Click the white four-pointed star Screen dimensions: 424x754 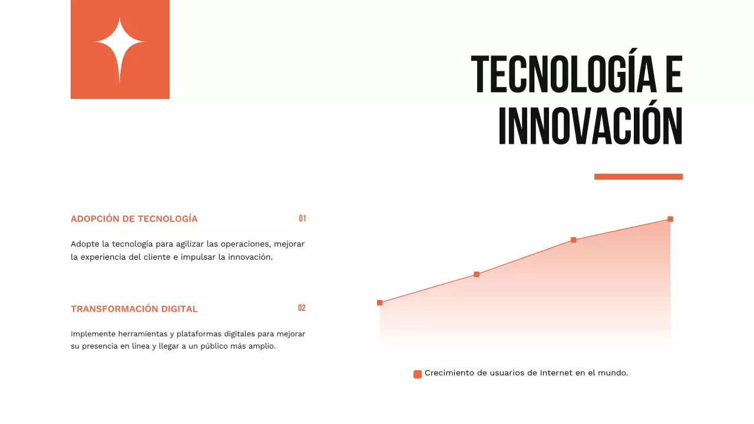(120, 49)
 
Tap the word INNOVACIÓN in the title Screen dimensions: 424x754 (590, 126)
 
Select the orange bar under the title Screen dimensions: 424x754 (638, 177)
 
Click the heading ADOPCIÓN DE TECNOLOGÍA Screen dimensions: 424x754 (134, 219)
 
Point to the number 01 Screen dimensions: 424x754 (302, 218)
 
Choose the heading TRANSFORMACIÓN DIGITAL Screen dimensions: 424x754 (134, 309)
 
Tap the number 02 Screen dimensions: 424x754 (302, 308)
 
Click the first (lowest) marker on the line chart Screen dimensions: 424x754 (379, 303)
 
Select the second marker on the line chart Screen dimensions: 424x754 (477, 274)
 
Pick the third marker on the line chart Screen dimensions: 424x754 (573, 240)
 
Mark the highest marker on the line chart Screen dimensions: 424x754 (670, 219)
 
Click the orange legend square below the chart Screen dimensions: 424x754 (418, 374)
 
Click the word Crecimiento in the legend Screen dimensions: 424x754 (449, 373)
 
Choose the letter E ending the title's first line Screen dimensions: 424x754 (673, 75)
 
